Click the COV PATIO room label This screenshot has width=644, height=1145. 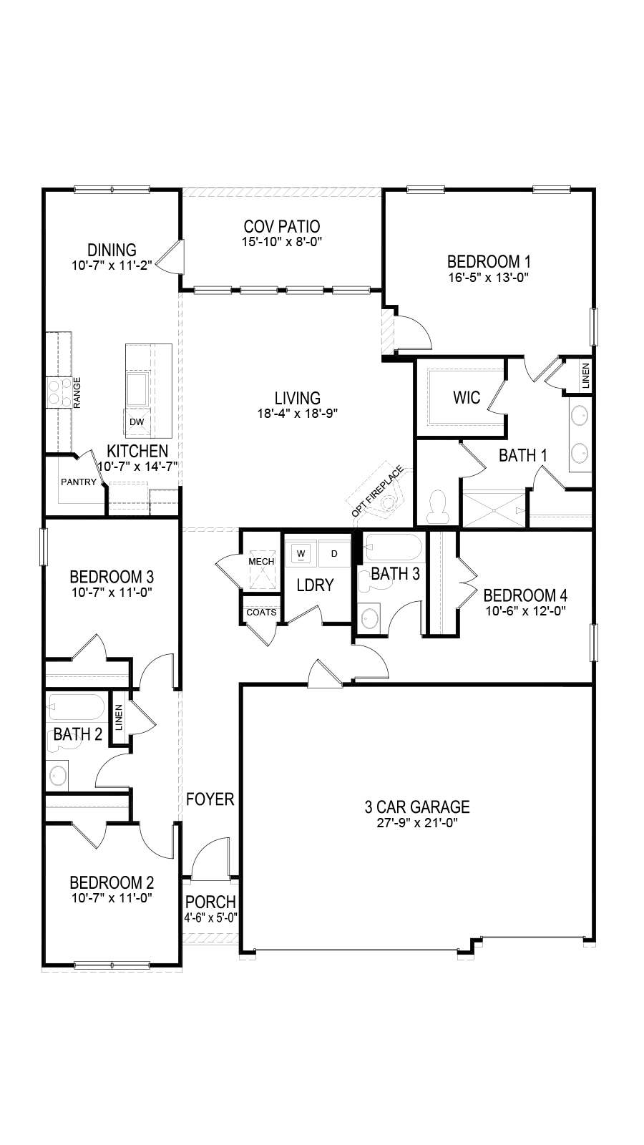(x=282, y=226)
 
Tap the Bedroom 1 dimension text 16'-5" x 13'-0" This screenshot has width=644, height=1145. (x=488, y=278)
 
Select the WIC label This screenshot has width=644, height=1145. (x=467, y=397)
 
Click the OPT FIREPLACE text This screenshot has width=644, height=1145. (x=378, y=491)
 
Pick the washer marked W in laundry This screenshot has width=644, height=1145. (x=301, y=554)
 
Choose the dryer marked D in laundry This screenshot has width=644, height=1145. (x=334, y=554)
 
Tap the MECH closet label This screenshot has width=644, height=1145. (x=261, y=561)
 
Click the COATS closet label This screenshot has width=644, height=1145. (x=261, y=612)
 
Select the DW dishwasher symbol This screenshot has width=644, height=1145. (x=137, y=422)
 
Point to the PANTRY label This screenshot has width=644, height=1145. (x=79, y=482)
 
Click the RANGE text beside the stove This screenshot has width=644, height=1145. (x=77, y=393)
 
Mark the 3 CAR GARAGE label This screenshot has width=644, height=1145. (x=417, y=807)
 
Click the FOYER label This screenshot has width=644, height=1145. (x=210, y=799)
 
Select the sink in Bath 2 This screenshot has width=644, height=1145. (x=58, y=776)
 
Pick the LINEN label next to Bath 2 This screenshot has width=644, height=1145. (x=119, y=717)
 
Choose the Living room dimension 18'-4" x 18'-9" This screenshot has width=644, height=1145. (x=298, y=414)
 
